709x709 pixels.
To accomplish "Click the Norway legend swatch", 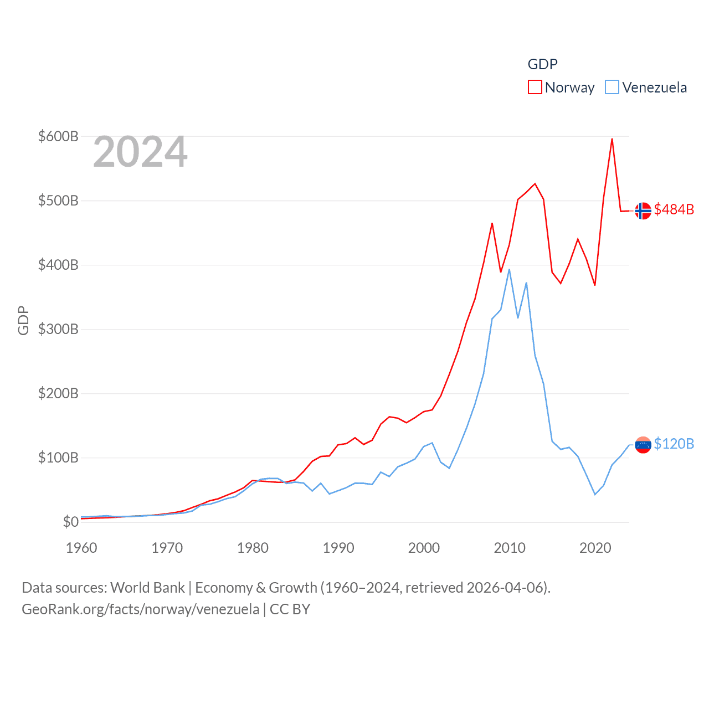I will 535,88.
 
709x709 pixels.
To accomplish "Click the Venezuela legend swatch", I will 612,88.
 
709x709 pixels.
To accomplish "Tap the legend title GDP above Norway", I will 542,64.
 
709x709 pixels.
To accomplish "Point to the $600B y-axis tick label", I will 58,136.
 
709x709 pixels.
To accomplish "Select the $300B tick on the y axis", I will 58,329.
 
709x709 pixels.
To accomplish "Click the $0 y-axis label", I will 70,522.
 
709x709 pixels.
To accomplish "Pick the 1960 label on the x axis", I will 81,548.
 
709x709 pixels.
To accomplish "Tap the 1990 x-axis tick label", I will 338,548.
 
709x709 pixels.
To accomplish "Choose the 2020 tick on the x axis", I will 595,548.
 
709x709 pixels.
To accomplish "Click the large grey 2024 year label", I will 140,152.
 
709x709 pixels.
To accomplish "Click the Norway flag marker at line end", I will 643,211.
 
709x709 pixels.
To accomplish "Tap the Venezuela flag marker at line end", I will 643,445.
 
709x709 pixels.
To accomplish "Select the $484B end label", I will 674,209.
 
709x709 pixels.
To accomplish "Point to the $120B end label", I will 674,444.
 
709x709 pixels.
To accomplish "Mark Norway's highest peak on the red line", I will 612,139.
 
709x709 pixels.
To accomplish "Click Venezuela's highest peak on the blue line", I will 509,270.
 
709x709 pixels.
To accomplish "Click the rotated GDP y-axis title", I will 23,320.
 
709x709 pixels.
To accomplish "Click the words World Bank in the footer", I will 147,587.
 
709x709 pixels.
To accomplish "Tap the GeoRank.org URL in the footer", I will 140,609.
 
